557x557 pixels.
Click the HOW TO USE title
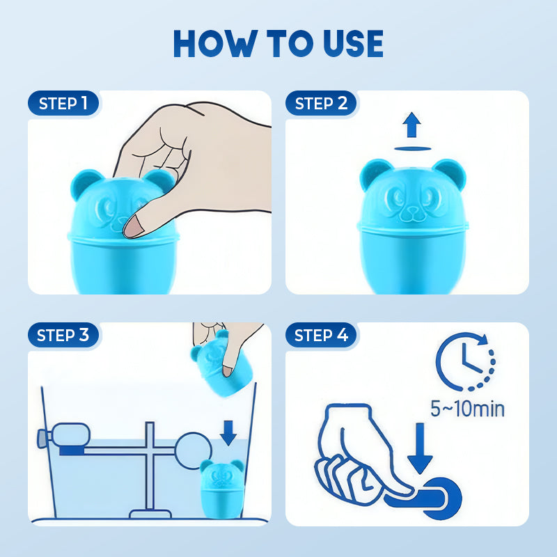(x=278, y=43)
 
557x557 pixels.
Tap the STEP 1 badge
(x=63, y=103)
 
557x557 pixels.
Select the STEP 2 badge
(x=321, y=103)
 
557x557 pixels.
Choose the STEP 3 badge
(x=63, y=335)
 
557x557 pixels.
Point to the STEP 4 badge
(x=321, y=335)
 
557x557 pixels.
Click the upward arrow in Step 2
(x=411, y=125)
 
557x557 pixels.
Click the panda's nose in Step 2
(x=412, y=210)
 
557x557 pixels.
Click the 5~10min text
(x=467, y=409)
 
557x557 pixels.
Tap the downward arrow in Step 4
(x=420, y=448)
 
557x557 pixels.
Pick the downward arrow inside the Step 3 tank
(x=228, y=433)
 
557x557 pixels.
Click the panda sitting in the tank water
(x=222, y=489)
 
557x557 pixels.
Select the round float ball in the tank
(x=194, y=450)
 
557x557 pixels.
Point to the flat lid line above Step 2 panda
(x=412, y=149)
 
